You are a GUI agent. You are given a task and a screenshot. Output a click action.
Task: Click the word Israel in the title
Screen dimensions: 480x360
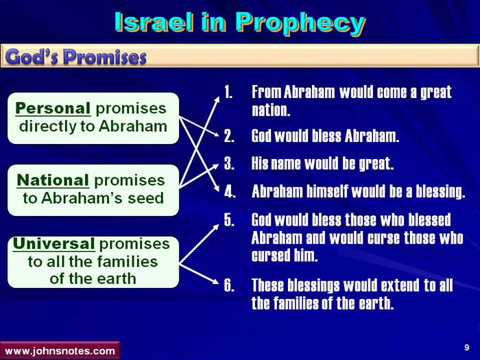(x=154, y=22)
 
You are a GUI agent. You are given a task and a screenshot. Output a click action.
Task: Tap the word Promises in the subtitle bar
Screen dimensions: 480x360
(x=105, y=57)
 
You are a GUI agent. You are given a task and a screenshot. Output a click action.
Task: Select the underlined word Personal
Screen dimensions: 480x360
(x=53, y=108)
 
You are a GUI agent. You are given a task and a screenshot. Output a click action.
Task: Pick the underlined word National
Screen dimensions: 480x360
(x=53, y=180)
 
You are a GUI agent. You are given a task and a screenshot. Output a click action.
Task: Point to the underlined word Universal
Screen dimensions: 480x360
(x=54, y=243)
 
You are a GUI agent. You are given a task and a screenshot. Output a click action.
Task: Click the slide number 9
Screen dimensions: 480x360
(x=467, y=347)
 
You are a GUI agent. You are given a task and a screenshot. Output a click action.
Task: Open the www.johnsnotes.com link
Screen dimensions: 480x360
(x=60, y=351)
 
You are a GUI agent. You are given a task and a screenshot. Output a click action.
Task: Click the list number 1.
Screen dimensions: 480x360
(x=228, y=92)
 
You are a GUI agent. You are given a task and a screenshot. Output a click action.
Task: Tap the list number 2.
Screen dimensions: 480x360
(x=229, y=136)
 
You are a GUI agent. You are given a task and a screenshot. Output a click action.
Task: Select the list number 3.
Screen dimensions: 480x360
(x=229, y=163)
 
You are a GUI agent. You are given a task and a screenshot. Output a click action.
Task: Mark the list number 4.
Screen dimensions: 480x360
(x=230, y=191)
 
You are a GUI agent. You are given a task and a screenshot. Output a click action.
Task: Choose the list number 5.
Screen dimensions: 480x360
(x=229, y=220)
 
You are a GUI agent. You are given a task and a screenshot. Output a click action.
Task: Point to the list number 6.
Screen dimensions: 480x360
(x=229, y=285)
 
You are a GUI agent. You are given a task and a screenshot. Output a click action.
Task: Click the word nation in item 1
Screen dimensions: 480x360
(x=271, y=110)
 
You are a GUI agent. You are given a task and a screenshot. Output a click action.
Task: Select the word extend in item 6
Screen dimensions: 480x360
(x=400, y=285)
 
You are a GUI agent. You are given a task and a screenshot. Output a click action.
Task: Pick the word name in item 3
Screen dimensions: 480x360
(x=286, y=164)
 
